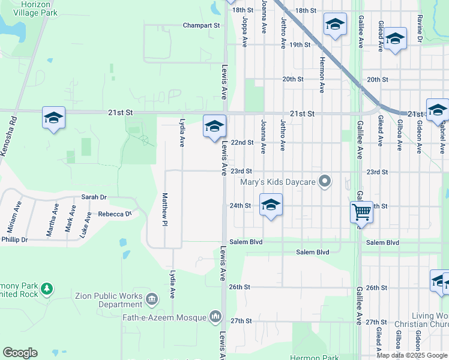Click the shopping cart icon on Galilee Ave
click(361, 212)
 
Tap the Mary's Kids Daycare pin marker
click(325, 181)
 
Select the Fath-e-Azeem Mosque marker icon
click(215, 316)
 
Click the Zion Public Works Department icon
click(152, 299)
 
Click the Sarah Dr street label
click(94, 197)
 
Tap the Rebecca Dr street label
click(114, 214)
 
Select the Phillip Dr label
click(14, 239)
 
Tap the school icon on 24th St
click(271, 205)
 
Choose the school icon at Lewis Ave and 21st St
click(214, 126)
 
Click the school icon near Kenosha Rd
click(53, 118)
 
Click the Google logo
click(20, 353)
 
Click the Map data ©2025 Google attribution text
click(412, 355)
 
